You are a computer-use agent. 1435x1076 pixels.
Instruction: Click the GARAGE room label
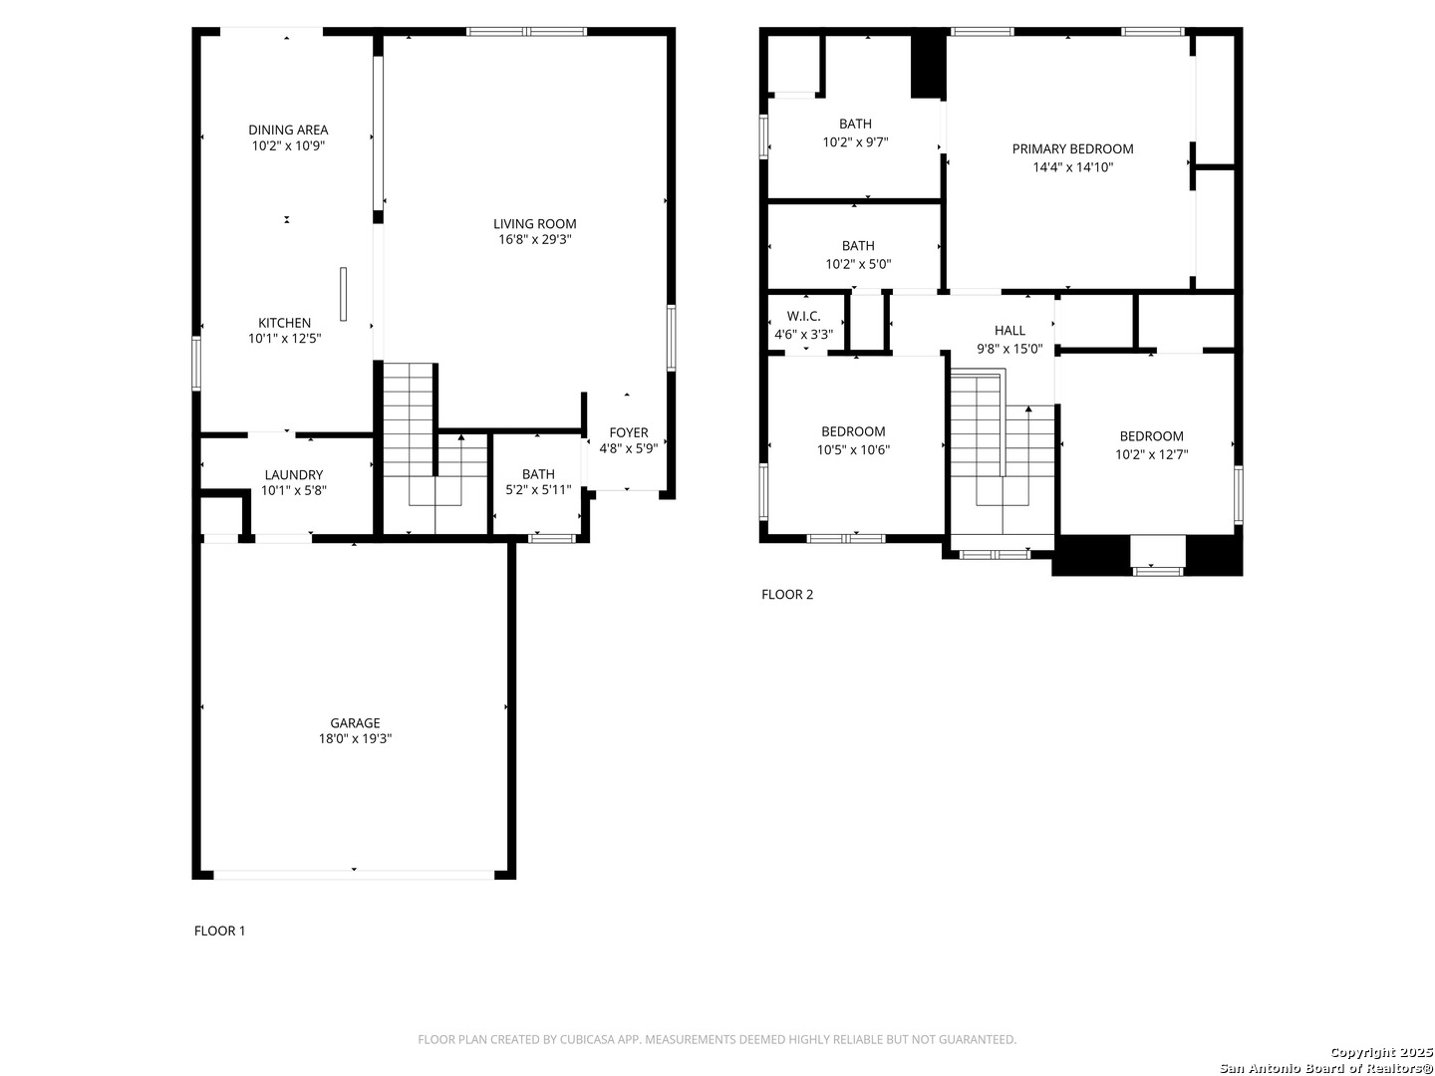pos(355,722)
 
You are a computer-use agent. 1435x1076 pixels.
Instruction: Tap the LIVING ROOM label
pos(534,223)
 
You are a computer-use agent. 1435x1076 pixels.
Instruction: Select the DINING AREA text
pos(288,130)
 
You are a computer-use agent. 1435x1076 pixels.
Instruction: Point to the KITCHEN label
pos(284,323)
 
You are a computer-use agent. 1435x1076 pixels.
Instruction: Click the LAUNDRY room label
pos(294,475)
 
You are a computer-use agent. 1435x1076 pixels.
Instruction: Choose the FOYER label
pos(628,432)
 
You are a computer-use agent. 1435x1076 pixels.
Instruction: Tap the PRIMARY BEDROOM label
pos(1072,149)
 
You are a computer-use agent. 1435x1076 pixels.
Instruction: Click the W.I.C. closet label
pos(803,316)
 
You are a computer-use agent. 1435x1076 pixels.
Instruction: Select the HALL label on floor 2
pos(1008,331)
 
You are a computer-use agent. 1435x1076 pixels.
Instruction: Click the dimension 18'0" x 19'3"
pos(355,738)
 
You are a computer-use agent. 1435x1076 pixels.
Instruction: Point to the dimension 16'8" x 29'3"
pos(534,239)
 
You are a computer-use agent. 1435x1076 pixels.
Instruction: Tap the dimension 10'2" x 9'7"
pos(854,141)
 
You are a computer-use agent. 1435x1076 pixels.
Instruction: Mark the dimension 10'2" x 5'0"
pos(858,264)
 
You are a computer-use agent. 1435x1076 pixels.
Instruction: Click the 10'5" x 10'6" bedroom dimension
pos(852,449)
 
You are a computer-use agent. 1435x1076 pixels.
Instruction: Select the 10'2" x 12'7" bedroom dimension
pos(1151,454)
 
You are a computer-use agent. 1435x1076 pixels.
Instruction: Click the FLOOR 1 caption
pos(219,931)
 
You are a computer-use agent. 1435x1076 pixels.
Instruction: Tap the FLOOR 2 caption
pos(786,594)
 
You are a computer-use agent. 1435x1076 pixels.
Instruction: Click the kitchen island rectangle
pos(343,294)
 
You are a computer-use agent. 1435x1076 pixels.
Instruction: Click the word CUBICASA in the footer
pos(584,1039)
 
